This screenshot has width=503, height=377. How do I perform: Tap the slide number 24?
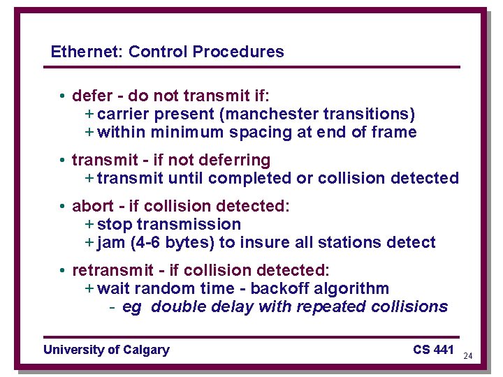pos(468,356)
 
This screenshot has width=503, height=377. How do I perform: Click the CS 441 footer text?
pos(433,349)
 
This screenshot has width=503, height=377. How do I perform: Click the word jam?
pos(110,243)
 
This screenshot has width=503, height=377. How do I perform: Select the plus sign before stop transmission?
pos(89,225)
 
